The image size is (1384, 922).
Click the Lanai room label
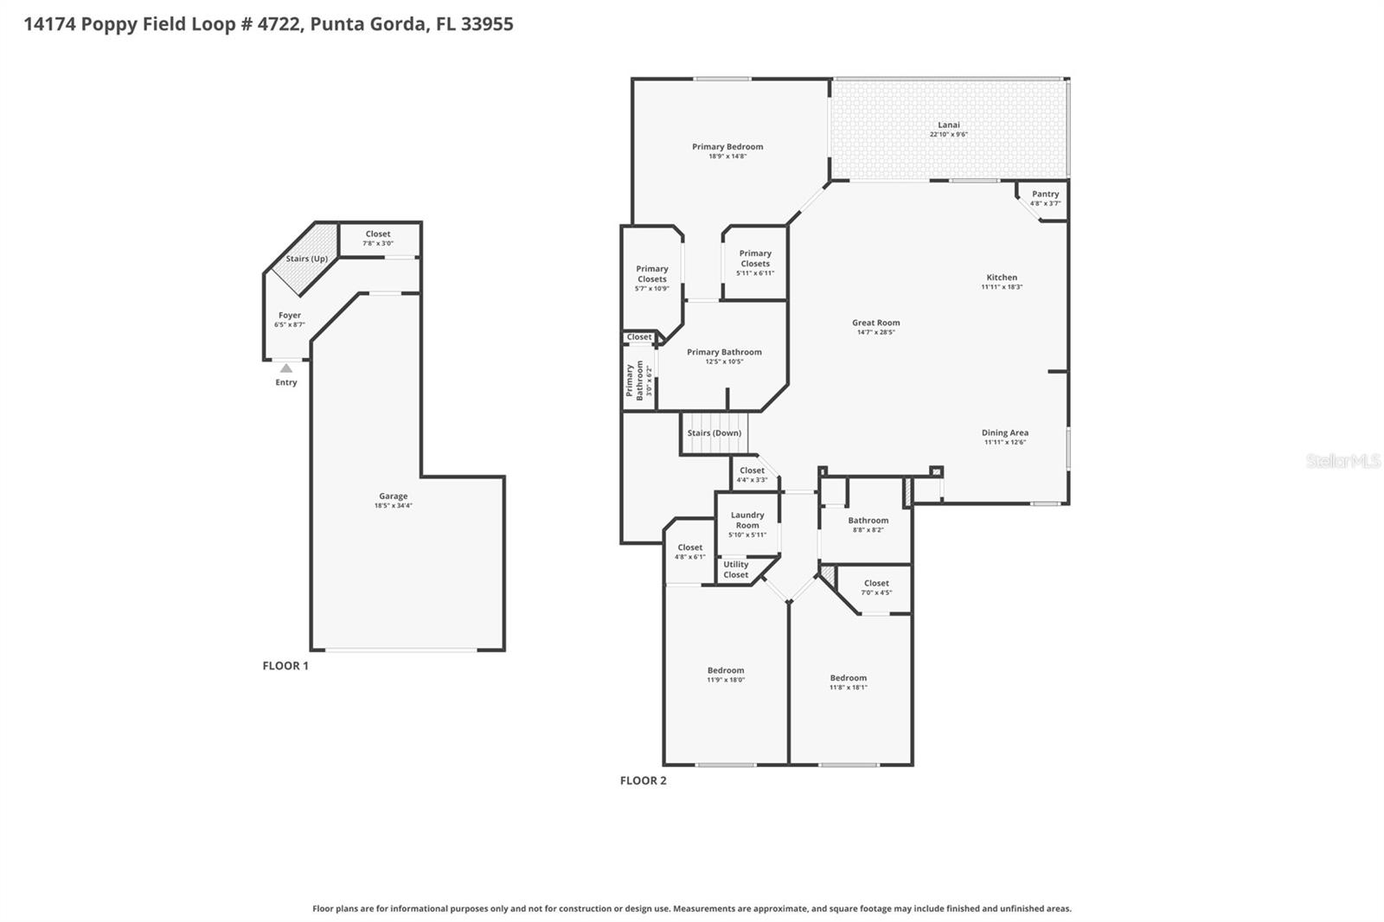948,125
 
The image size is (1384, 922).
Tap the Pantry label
1045,194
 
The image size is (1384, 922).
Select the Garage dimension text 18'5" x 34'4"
393,506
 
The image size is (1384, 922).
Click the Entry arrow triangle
286,368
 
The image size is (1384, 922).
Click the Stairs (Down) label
714,433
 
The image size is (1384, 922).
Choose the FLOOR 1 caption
285,666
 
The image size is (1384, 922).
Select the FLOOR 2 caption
643,780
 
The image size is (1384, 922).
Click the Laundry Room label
747,520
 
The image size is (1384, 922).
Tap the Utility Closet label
736,569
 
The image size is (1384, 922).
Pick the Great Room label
875,323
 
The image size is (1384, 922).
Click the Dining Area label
1004,432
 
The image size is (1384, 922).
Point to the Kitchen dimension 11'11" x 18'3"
1002,287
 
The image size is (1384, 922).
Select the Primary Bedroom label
727,147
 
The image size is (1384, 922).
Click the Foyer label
290,316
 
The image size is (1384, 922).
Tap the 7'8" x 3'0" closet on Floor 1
378,238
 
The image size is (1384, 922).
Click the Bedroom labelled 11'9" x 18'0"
725,675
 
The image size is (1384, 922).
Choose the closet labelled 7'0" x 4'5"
876,587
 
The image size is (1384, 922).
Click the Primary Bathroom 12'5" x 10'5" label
724,355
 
